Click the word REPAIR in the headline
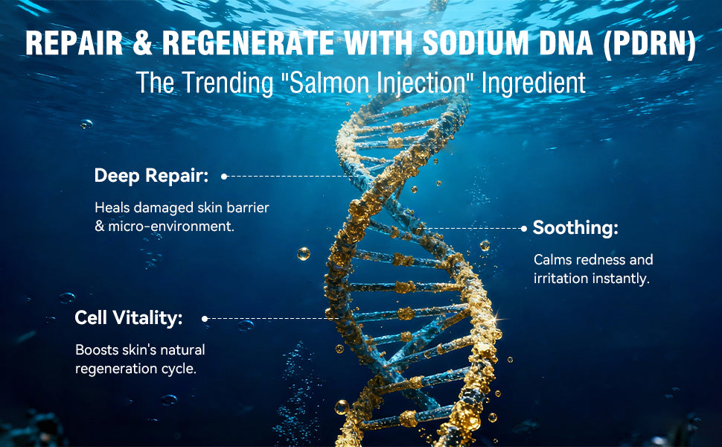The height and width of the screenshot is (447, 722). tap(74, 43)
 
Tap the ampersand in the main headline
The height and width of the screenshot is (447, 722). tap(143, 43)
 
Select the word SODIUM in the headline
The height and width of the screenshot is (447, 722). tap(476, 43)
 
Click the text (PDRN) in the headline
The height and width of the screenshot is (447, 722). tap(650, 44)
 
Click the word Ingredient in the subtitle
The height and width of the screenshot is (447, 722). tap(534, 83)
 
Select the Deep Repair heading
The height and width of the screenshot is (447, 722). tap(152, 176)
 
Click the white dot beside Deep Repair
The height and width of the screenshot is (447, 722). tap(224, 177)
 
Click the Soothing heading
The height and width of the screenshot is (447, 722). tap(575, 228)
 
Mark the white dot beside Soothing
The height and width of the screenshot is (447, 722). tap(523, 229)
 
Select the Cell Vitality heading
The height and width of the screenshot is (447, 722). tap(129, 318)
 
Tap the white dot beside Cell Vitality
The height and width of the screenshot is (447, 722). tap(205, 318)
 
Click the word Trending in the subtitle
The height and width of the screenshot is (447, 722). tap(228, 83)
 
